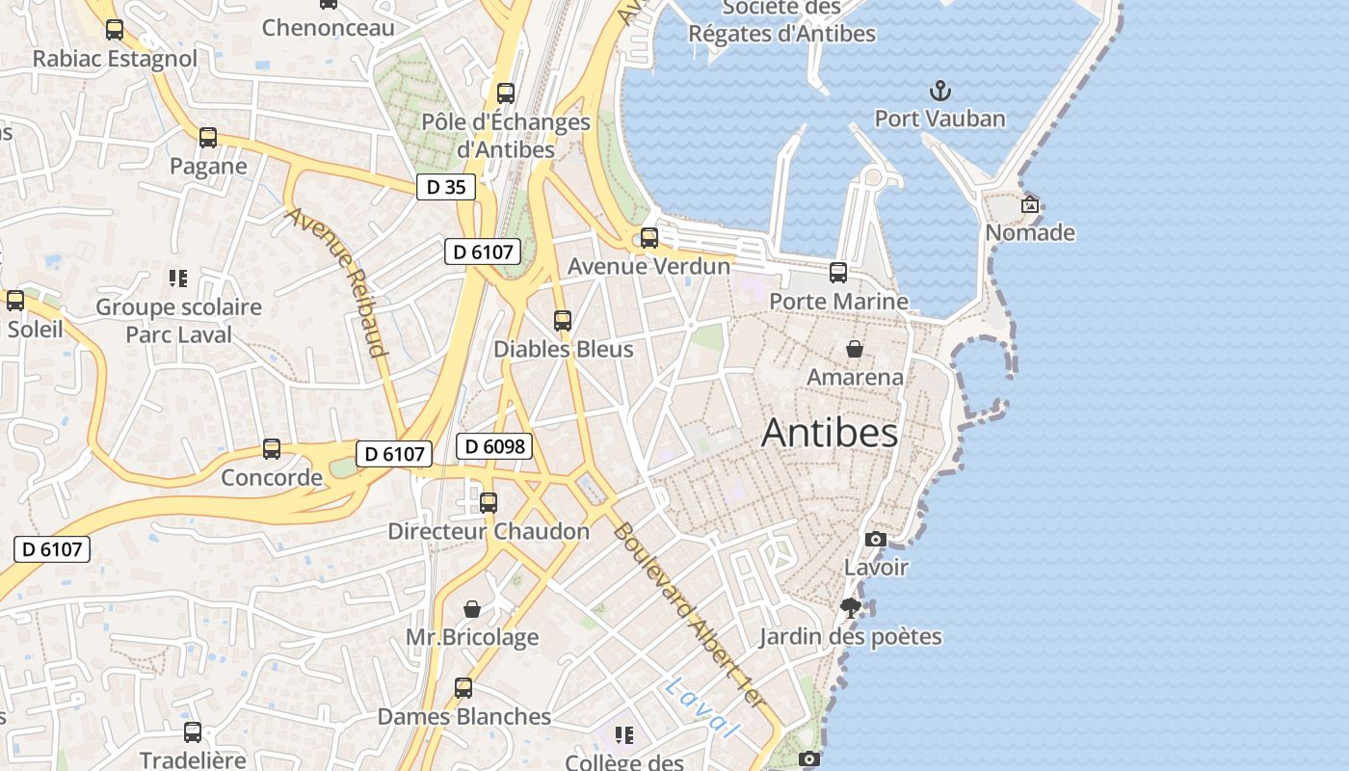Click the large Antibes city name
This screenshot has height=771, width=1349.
(830, 433)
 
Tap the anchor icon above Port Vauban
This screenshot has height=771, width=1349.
(939, 92)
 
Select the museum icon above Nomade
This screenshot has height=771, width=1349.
(1030, 204)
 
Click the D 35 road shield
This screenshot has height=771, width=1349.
(446, 187)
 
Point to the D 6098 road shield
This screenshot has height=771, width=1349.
(494, 446)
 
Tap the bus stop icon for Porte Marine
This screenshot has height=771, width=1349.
(838, 273)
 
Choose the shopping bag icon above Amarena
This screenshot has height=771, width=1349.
(854, 349)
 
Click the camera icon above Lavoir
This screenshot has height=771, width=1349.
(875, 539)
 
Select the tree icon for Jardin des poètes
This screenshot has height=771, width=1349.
(850, 608)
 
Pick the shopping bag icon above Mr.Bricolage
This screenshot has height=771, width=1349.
(472, 609)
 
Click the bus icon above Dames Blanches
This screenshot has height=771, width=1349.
(463, 688)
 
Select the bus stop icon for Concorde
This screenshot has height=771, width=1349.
(272, 449)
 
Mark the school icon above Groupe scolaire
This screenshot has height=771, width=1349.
(177, 279)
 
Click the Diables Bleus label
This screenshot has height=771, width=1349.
(564, 349)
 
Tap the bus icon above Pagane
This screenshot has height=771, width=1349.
(208, 138)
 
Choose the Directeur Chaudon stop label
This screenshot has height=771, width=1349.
(489, 531)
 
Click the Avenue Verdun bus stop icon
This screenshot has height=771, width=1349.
(649, 238)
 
